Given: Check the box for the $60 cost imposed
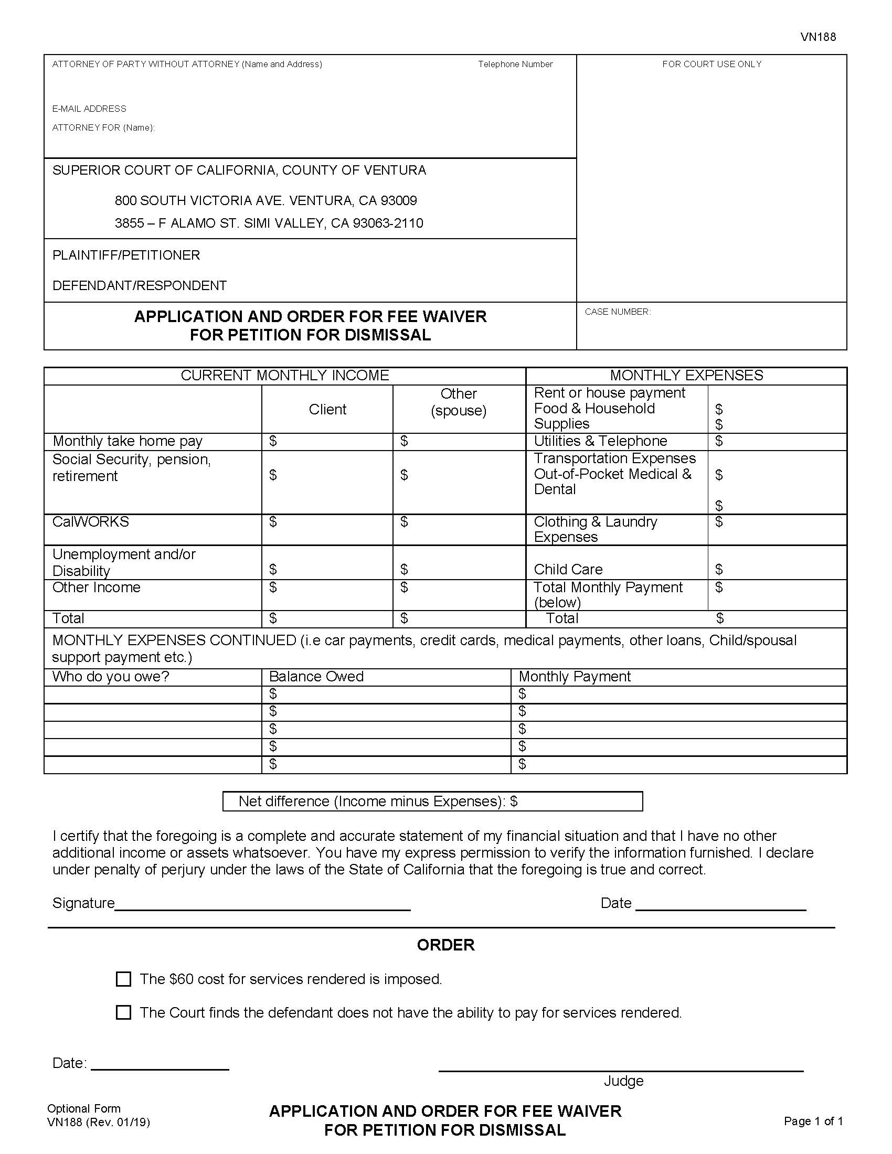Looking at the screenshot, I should coord(123,979).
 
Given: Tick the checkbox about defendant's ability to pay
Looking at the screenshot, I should coord(123,1012).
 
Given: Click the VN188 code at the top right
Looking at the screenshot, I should coord(818,37).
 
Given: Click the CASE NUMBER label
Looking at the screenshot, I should coord(617,312).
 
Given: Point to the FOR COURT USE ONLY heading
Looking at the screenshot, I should coord(712,64).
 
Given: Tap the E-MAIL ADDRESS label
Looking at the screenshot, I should coord(89,109).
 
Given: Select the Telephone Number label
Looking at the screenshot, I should coord(515,64).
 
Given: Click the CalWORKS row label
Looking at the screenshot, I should coord(90,521).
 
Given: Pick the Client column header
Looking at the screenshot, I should coord(327,410).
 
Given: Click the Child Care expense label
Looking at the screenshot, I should coord(568,569).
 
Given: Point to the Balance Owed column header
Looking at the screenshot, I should coord(316,676).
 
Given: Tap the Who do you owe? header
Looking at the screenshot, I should coord(110,676).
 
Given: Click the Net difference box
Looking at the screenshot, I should coord(432,801).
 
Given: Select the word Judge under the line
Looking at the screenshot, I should coord(623,1081).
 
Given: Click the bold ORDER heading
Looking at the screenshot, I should coord(445,945).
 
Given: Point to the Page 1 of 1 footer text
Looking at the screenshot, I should coord(813,1121).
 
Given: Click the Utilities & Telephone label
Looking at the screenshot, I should coord(600,441).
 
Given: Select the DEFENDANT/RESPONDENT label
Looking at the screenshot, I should coord(139,286).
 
